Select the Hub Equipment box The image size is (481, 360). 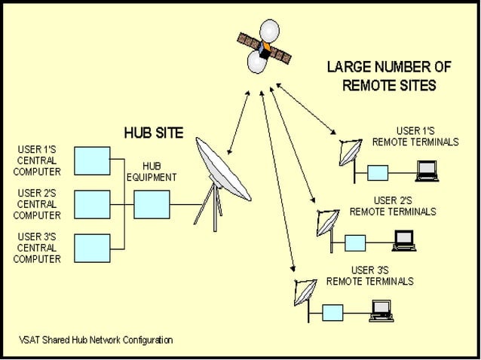[x=151, y=203]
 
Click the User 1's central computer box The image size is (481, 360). [x=92, y=160]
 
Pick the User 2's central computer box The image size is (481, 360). [x=92, y=203]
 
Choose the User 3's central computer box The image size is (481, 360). [x=92, y=247]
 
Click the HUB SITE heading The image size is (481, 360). [x=153, y=133]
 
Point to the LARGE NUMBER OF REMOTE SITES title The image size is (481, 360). [x=388, y=76]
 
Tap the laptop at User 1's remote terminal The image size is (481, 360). [x=427, y=172]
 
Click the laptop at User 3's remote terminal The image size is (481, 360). [x=380, y=310]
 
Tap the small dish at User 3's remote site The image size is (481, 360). [x=305, y=291]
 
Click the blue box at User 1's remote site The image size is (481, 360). [x=378, y=173]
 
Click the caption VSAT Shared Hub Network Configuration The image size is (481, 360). [x=96, y=340]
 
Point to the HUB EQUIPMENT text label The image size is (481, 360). [x=151, y=172]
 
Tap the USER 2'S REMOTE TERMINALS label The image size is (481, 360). [x=392, y=206]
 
